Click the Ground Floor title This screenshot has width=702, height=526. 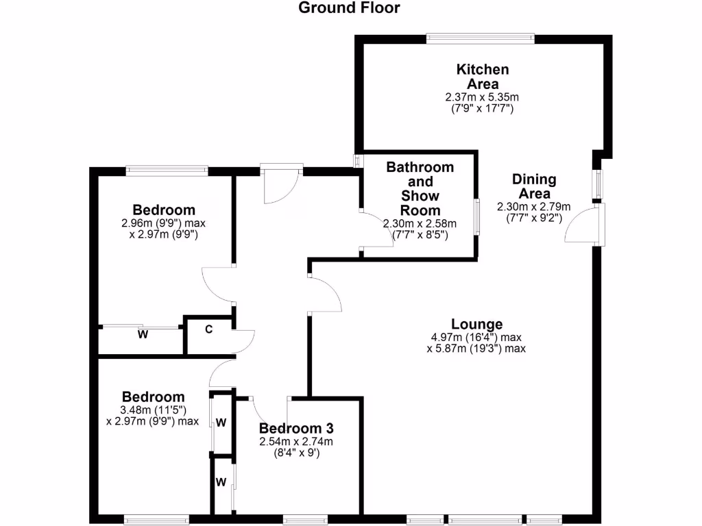[x=350, y=8]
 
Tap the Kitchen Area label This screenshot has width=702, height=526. [x=483, y=77]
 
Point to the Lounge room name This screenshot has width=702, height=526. [x=477, y=324]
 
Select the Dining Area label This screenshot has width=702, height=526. [x=534, y=186]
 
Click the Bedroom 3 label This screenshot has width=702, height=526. [x=295, y=428]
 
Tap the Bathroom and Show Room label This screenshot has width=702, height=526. [x=420, y=188]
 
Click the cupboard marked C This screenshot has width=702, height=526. [x=209, y=329]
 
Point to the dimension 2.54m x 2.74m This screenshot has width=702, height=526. [x=295, y=441]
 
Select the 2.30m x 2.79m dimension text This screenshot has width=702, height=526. [x=534, y=207]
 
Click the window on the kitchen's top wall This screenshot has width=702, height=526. [x=480, y=38]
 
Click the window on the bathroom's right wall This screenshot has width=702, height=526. [x=477, y=217]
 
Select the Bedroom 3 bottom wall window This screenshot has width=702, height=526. [x=305, y=520]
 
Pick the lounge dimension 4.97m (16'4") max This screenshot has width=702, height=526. [x=477, y=337]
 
